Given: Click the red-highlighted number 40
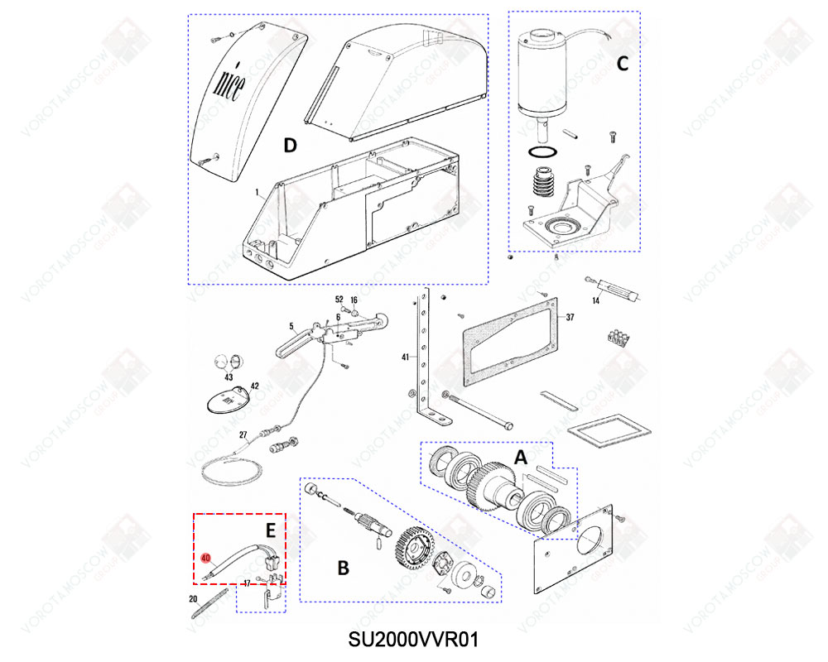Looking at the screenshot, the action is pos(206,558).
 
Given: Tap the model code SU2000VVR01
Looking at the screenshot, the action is pos(413,640).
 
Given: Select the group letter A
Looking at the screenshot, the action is pos(521,458).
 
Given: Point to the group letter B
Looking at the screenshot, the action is pos(344,568).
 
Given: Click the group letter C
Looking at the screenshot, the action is pos(623,64).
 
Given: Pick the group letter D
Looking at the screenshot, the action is pos(291,145).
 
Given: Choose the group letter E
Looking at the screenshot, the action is pos(271,530).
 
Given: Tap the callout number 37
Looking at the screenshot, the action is pos(570,317).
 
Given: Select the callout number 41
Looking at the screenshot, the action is pos(405,357).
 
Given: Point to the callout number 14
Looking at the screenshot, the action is pos(595,301).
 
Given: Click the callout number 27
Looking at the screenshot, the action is pos(243,435).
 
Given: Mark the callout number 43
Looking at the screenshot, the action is pos(229,377).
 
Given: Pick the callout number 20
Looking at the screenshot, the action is pos(193,598).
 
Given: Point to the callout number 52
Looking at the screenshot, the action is pos(339,300).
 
